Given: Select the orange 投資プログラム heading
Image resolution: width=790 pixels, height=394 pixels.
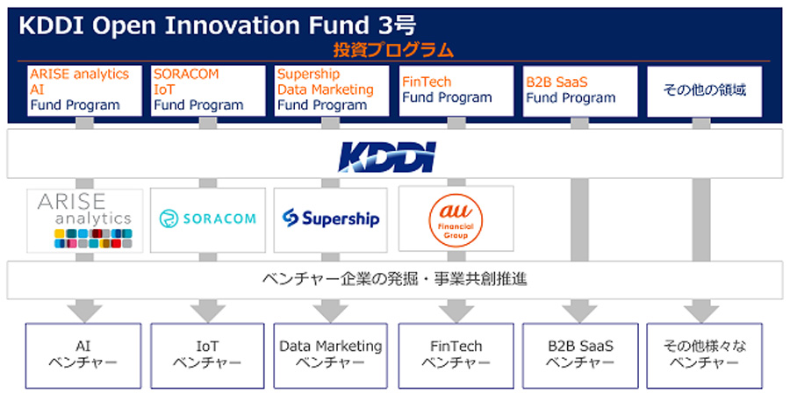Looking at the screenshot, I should point(393,50).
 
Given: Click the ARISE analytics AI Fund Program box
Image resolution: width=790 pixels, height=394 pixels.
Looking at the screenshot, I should point(84,90).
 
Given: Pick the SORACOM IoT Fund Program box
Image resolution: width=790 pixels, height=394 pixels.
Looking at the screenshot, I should point(207,90).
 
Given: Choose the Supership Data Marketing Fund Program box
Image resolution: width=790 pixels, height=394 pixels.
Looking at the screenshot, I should point(331,90).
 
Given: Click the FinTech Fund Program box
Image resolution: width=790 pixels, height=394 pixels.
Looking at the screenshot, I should point(455,90).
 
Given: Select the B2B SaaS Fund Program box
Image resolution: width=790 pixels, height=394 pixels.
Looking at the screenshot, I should point(578,90).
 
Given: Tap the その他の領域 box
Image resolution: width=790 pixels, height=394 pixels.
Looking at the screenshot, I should point(703,90).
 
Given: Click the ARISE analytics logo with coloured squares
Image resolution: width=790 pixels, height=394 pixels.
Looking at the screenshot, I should point(84,219).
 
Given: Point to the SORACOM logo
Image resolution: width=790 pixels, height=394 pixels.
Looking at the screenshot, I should point(207,218).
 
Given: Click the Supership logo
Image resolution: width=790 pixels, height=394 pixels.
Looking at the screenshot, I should point(331,218).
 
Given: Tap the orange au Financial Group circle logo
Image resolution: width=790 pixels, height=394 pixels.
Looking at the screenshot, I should point(454,219).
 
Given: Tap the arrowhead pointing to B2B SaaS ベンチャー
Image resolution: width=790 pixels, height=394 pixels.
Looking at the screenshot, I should point(578,311).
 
